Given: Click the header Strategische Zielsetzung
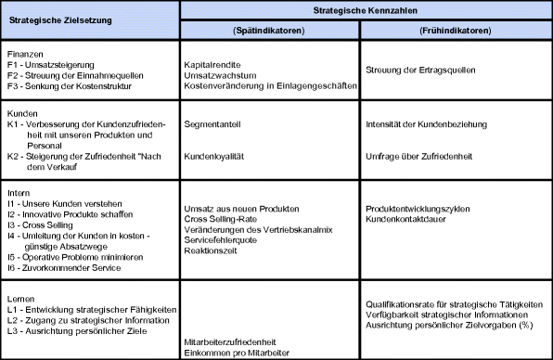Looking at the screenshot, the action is click(x=89, y=19).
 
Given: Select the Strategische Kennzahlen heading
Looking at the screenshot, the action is click(x=366, y=9).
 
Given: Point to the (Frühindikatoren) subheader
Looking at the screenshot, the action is click(x=456, y=31).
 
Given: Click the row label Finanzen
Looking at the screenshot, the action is click(x=24, y=54).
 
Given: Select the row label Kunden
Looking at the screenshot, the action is click(x=22, y=110).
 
